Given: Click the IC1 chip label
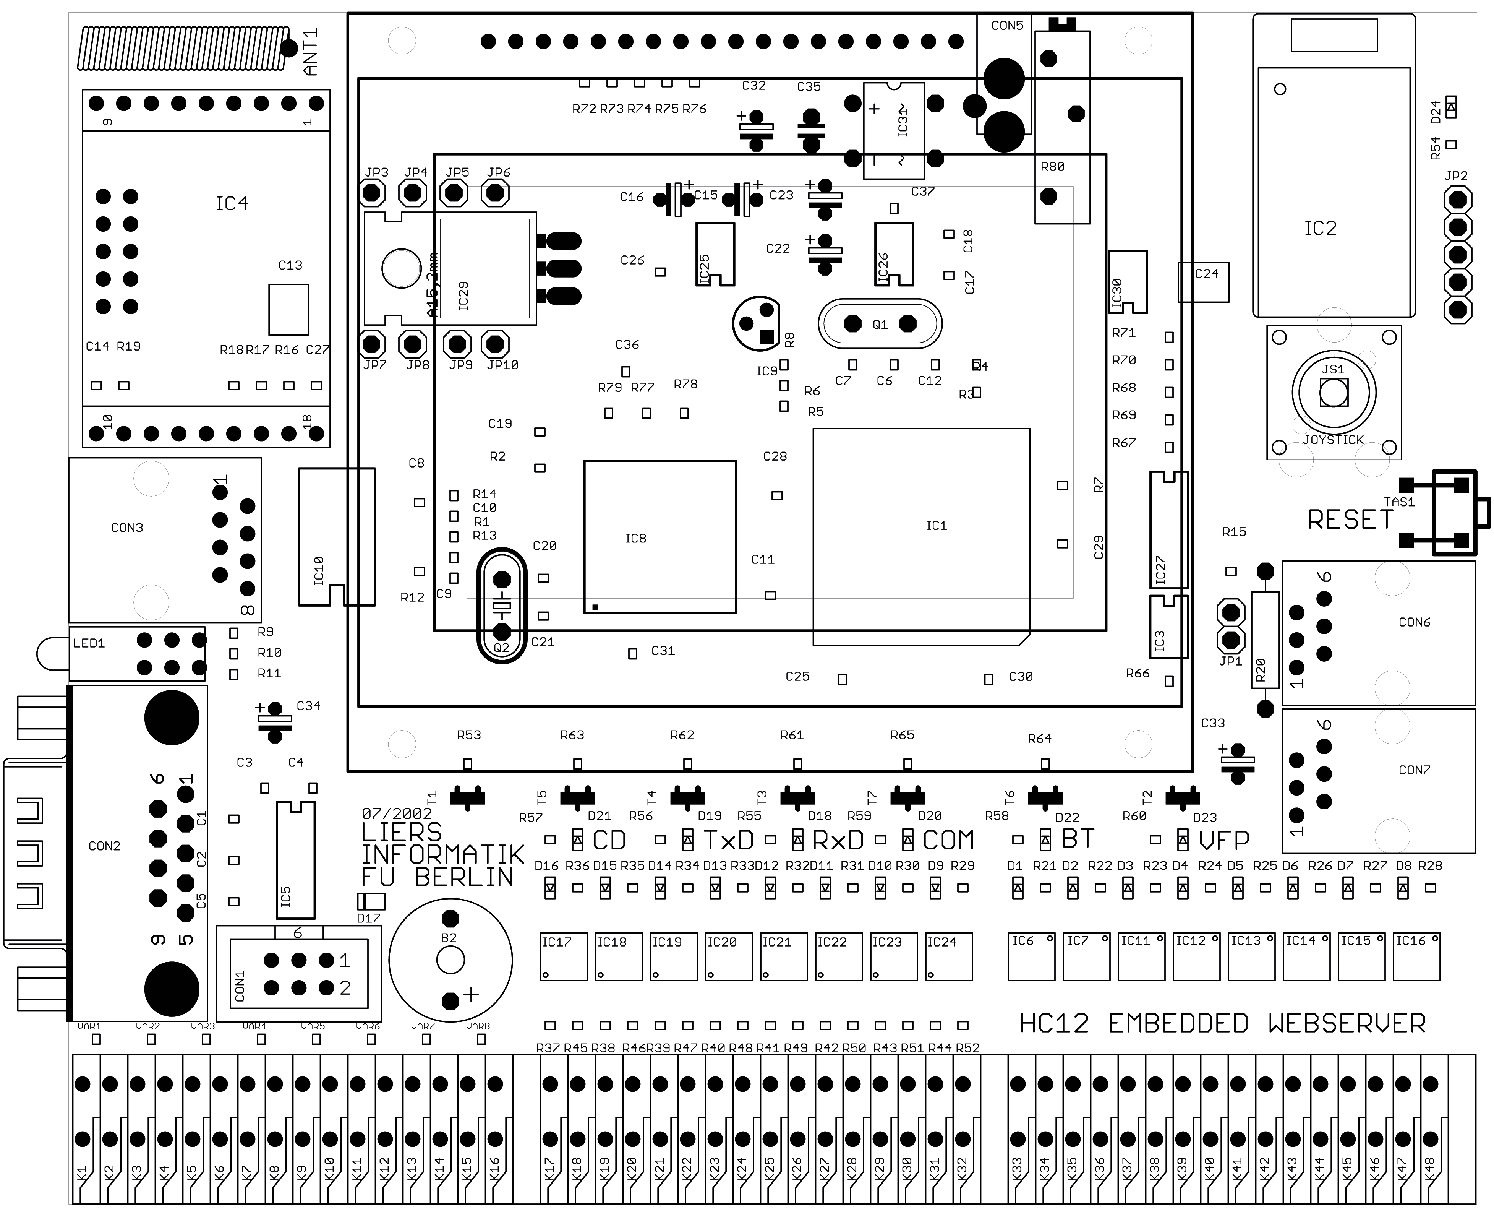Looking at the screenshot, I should tap(936, 525).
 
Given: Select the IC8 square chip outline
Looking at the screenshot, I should tap(659, 536).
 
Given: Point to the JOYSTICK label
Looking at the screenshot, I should tap(1333, 440).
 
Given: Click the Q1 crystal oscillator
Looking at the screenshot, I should tap(880, 323).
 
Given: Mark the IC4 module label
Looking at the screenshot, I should tap(232, 203).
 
